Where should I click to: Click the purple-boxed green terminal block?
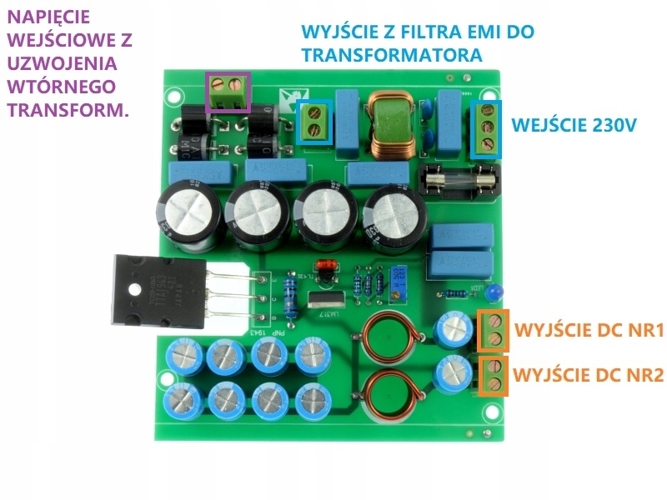pos(228,90)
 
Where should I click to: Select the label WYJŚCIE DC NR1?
pos(589,331)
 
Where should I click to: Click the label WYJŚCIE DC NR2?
pos(589,374)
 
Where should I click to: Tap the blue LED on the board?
pos(495,292)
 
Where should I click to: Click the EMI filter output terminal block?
pos(316,122)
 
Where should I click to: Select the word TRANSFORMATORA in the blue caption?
pos(393,56)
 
